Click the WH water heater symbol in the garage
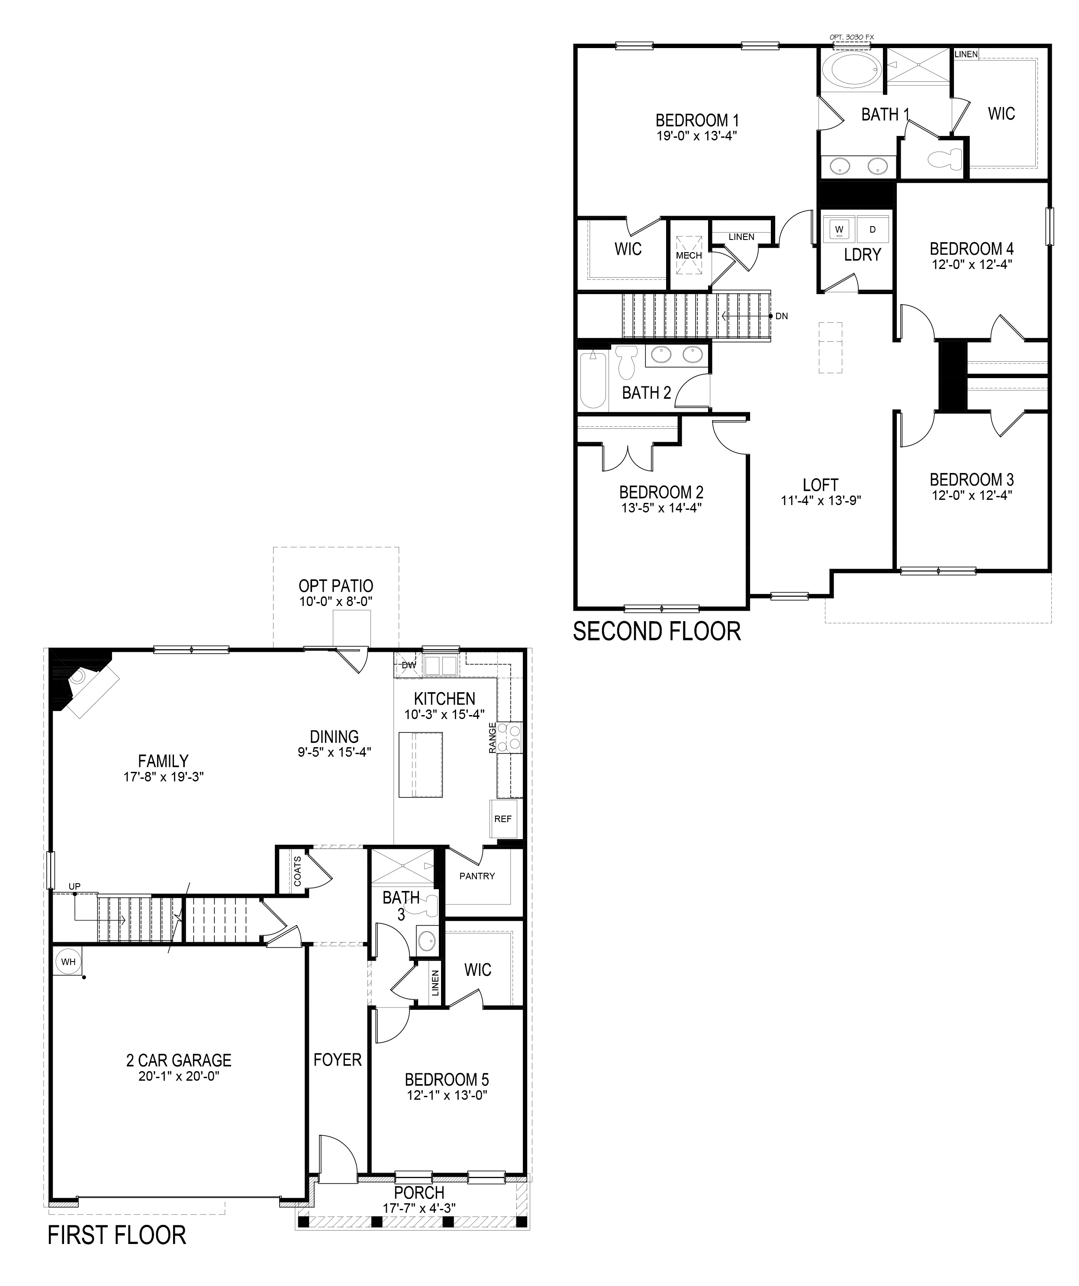pos(68,962)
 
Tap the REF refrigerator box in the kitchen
pos(502,819)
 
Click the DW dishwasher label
pos(408,665)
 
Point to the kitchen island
pos(420,764)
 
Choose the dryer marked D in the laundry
pos(873,230)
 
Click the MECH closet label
pos(689,256)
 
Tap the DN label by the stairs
pos(782,317)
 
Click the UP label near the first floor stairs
pos(74,886)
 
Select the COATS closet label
pos(297,871)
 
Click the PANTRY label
pos(477,876)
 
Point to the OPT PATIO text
pos(335,586)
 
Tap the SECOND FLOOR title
pos(657,632)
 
